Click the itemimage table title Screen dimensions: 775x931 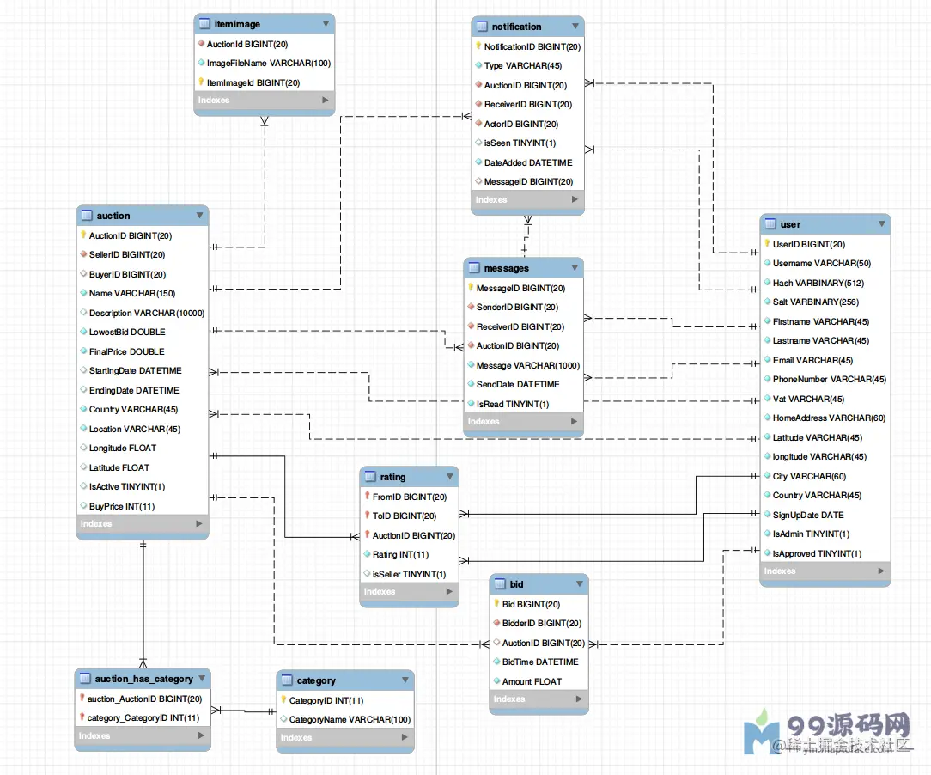coord(237,25)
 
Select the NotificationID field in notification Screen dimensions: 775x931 coord(532,46)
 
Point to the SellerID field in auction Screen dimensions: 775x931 coord(127,254)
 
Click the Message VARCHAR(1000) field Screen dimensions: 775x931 coord(527,365)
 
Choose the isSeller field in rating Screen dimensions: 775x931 coord(409,574)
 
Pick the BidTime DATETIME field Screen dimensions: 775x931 coord(540,662)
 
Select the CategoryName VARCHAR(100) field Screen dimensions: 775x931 coord(350,719)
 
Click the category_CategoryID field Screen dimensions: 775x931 coord(143,717)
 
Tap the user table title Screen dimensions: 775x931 coord(790,224)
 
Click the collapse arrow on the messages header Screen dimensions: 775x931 coord(575,268)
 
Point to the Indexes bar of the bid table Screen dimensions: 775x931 coord(539,699)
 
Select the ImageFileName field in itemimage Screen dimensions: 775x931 coord(268,63)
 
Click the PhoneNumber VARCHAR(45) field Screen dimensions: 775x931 coord(829,379)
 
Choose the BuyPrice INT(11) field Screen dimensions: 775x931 coord(122,506)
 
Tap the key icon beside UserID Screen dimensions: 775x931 coord(767,244)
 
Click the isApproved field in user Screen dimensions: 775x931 coord(816,553)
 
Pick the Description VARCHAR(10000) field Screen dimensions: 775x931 coord(147,313)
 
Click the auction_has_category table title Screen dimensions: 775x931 coord(143,679)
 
